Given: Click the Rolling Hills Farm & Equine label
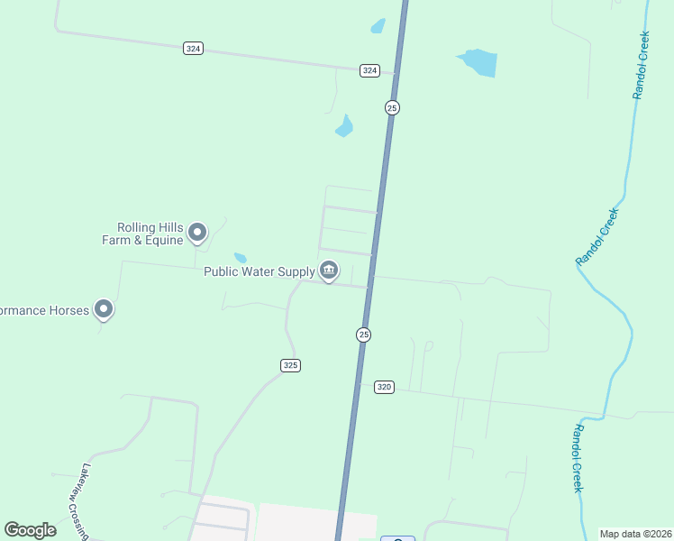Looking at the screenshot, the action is (x=150, y=234).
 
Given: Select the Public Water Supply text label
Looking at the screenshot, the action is (x=259, y=270).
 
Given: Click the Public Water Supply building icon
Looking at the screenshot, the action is (x=329, y=270).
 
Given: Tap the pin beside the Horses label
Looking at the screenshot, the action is (x=105, y=309).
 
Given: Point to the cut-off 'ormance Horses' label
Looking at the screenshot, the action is (x=45, y=310).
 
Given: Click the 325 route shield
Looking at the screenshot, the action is (x=290, y=365).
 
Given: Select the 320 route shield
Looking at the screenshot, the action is (x=385, y=387).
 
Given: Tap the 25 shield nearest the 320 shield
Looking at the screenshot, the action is (x=363, y=335).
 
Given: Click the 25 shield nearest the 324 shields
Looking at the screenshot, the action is (x=392, y=107).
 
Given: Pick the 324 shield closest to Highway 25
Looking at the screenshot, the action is (x=369, y=70).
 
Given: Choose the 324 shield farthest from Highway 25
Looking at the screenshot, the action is (x=193, y=48).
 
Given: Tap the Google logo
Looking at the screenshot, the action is (x=31, y=530).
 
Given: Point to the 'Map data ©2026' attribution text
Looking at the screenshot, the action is (x=636, y=534).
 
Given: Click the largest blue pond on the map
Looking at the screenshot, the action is (x=478, y=62).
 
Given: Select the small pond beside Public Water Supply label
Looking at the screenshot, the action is (x=241, y=258).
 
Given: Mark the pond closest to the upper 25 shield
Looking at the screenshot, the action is (x=344, y=126).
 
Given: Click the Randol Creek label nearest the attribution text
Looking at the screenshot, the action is (x=578, y=458).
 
